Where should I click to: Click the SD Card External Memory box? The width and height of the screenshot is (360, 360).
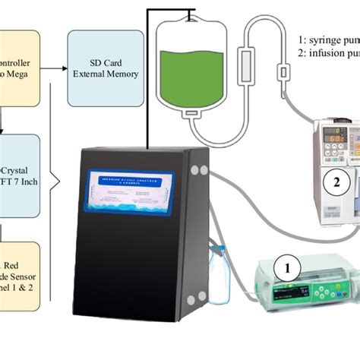click(x=106, y=68)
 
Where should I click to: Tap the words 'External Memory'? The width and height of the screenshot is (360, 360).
click(x=106, y=74)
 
